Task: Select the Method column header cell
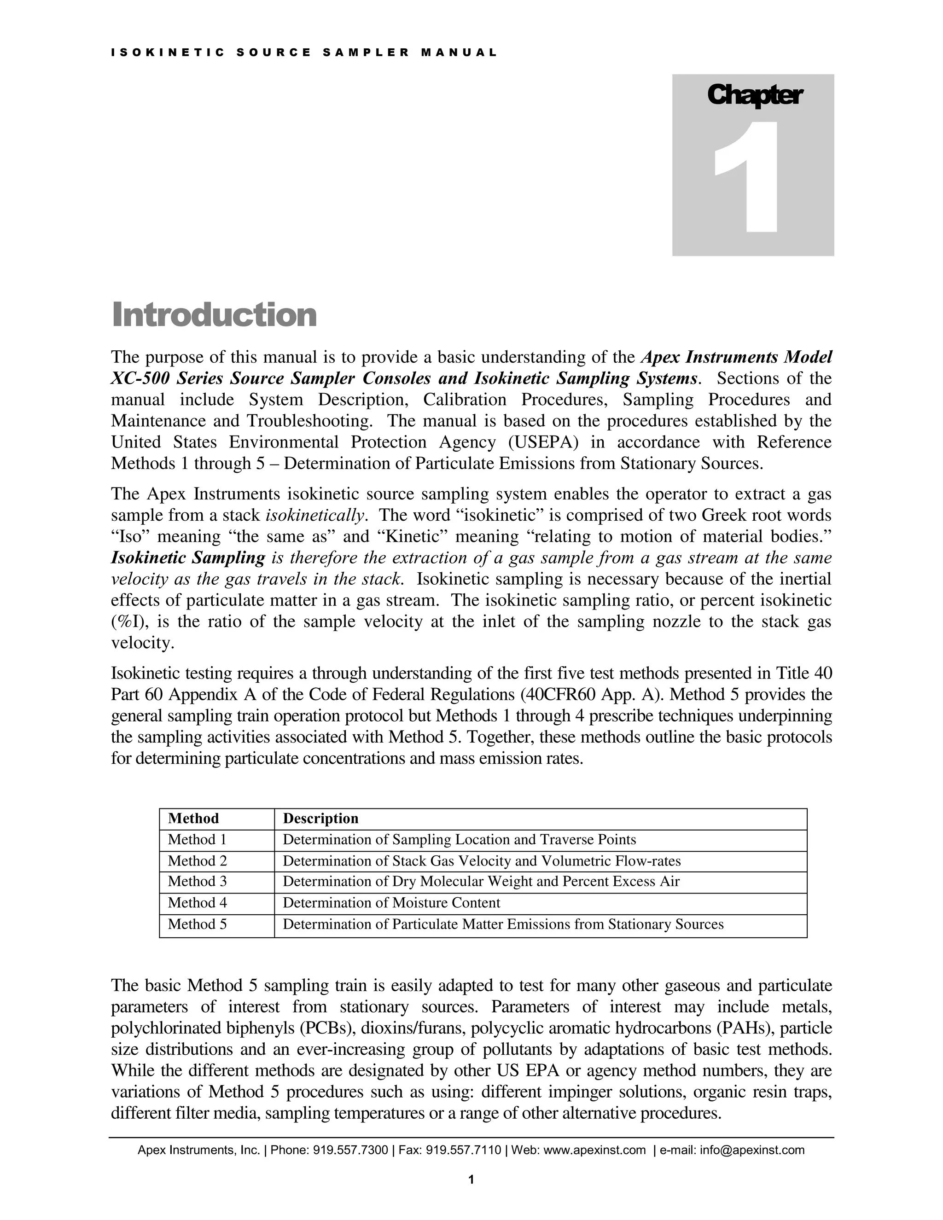point(193,819)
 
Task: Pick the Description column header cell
point(320,819)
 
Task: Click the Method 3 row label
point(197,882)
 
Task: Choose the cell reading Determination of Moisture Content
point(391,903)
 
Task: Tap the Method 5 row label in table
point(197,924)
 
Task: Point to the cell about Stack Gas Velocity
point(482,861)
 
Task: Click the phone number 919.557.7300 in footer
point(350,1150)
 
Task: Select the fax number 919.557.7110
point(463,1150)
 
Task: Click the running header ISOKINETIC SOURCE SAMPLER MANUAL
point(304,53)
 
